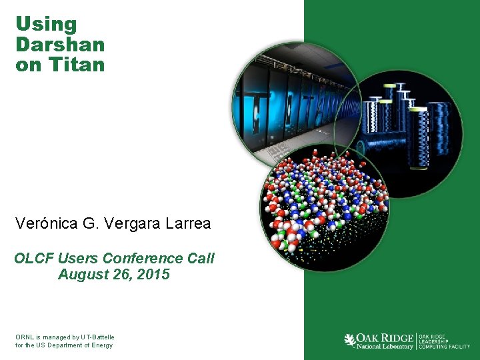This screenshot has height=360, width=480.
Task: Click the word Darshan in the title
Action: [60, 45]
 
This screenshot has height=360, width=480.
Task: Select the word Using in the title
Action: [46, 25]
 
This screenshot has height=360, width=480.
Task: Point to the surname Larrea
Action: [186, 224]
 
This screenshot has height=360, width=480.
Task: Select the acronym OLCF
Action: [34, 258]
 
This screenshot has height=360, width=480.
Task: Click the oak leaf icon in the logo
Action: [349, 341]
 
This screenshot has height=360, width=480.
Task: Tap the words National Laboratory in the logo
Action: [385, 347]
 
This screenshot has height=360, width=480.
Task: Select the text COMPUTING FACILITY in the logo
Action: [444, 347]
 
